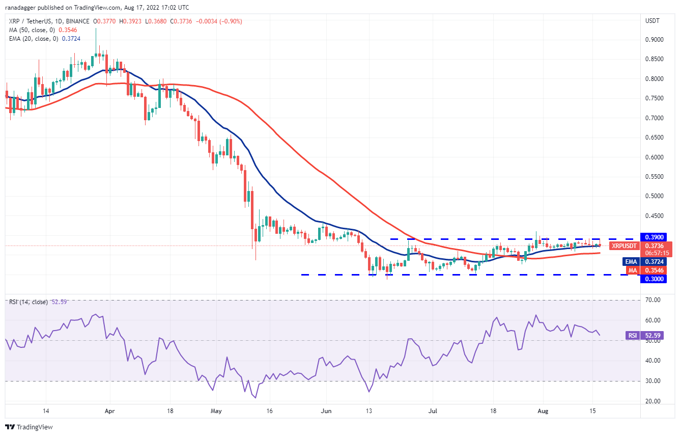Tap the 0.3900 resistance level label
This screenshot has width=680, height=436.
pyautogui.click(x=653, y=238)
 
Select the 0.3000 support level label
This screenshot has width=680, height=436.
pyautogui.click(x=653, y=279)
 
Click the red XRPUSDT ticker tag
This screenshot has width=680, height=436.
pyautogui.click(x=624, y=246)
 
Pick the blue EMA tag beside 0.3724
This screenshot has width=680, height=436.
pyautogui.click(x=631, y=262)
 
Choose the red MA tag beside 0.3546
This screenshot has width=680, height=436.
pyautogui.click(x=632, y=270)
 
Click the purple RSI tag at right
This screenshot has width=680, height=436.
pyautogui.click(x=631, y=336)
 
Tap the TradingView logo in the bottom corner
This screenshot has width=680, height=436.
pyautogui.click(x=30, y=427)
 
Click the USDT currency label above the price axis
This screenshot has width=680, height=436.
pyautogui.click(x=653, y=21)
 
